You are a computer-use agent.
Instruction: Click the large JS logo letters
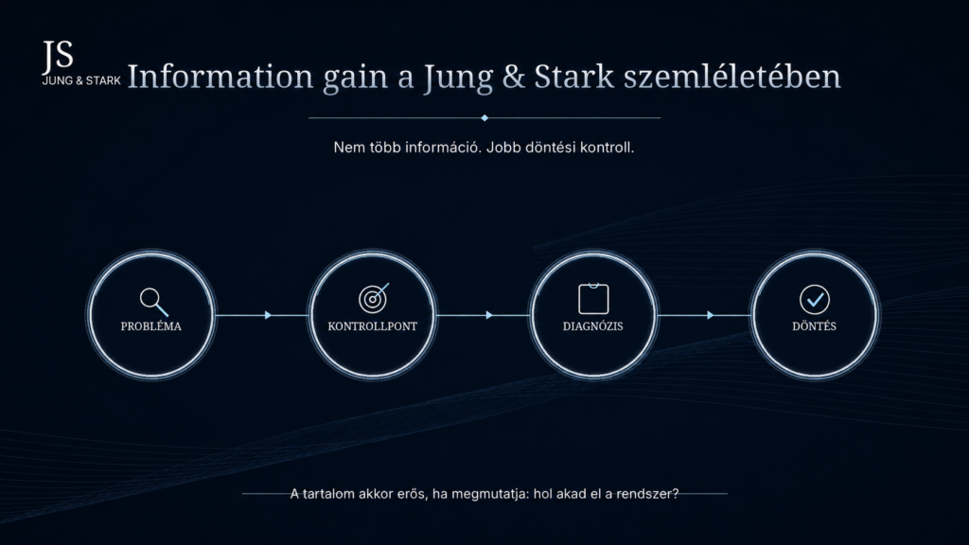pos(58,56)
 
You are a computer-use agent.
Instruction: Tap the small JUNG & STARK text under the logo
pos(81,81)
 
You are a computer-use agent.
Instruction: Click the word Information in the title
pos(220,77)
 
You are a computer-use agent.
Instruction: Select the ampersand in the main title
pos(514,77)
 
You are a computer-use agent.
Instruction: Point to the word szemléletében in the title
pos(731,77)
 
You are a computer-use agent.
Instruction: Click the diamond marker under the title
pos(484,117)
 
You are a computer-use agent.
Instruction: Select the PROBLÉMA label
pos(150,326)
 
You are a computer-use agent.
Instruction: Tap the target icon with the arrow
pos(373,298)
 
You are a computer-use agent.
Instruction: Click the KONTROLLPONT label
pos(372,326)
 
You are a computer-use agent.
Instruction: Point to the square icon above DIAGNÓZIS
pos(593,298)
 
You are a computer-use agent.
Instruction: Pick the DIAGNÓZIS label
pos(592,326)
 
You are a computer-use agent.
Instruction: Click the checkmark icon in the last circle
pos(815,300)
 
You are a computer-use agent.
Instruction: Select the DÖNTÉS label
pos(814,325)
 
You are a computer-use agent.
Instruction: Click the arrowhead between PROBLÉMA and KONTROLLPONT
pos(268,315)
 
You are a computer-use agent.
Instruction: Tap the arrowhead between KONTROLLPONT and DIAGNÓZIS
pos(489,315)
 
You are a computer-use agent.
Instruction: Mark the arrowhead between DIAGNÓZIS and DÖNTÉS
pos(711,315)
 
